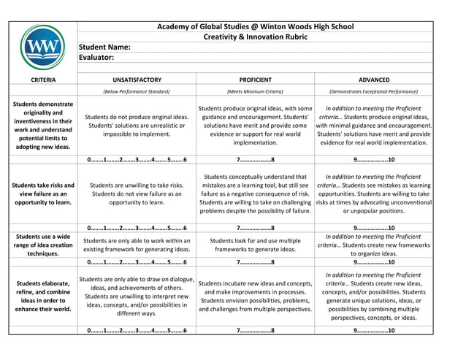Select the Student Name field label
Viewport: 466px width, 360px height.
104,47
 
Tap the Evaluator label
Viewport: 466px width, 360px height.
96,57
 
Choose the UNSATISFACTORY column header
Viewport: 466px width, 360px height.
137,80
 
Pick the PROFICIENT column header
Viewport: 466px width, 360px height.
255,80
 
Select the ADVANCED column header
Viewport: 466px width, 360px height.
373,80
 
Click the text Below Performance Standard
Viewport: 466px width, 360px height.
137,92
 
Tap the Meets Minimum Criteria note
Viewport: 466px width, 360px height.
255,92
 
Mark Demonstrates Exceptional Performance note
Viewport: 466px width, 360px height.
373,92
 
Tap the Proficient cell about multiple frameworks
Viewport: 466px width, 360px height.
255,245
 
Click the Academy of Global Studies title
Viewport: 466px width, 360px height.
255,26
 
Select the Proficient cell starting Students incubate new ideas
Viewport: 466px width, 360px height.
255,296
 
